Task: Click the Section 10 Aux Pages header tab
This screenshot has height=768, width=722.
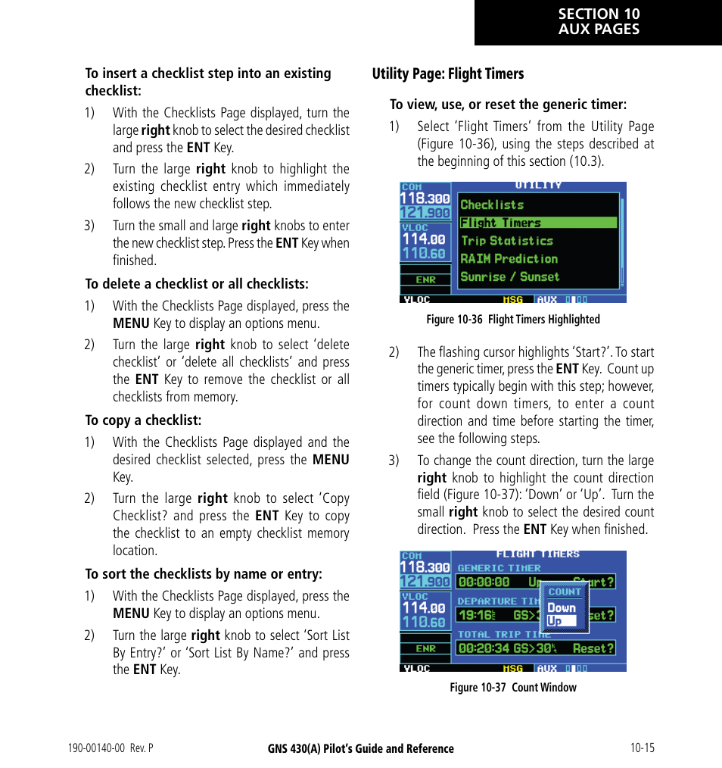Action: tap(598, 23)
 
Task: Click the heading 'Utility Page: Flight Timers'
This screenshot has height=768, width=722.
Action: tap(447, 73)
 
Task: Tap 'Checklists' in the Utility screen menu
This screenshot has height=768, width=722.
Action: tap(492, 204)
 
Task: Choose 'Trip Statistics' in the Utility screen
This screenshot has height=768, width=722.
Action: tap(507, 241)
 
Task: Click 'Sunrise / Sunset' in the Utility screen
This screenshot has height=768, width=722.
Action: tap(510, 277)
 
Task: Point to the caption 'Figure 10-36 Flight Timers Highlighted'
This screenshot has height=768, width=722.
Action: tap(512, 320)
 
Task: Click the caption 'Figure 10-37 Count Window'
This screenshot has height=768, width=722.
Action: tap(512, 688)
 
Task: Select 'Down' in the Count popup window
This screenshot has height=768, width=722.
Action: tap(562, 607)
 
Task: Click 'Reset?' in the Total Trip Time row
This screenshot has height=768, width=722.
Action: tap(593, 648)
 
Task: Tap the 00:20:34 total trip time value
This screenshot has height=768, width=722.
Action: tap(484, 648)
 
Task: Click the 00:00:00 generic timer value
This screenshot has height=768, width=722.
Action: tap(484, 582)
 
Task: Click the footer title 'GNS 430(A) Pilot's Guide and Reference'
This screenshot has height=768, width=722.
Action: tap(361, 748)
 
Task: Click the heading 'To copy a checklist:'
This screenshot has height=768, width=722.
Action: tap(143, 420)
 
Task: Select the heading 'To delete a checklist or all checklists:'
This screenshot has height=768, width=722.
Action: tap(197, 284)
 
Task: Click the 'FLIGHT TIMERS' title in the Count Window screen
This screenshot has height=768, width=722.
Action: tap(537, 554)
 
